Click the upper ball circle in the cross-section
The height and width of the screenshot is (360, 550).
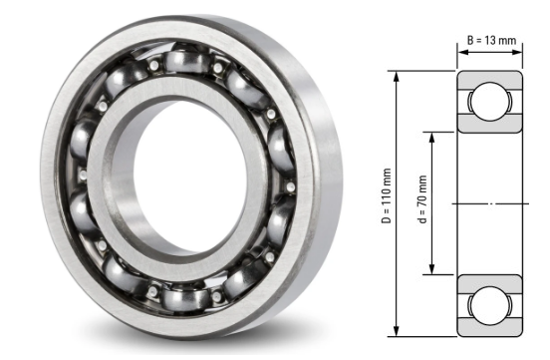pyautogui.click(x=490, y=102)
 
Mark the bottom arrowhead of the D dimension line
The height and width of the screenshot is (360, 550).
pyautogui.click(x=398, y=332)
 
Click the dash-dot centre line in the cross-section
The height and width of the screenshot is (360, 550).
pyautogui.click(x=490, y=203)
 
